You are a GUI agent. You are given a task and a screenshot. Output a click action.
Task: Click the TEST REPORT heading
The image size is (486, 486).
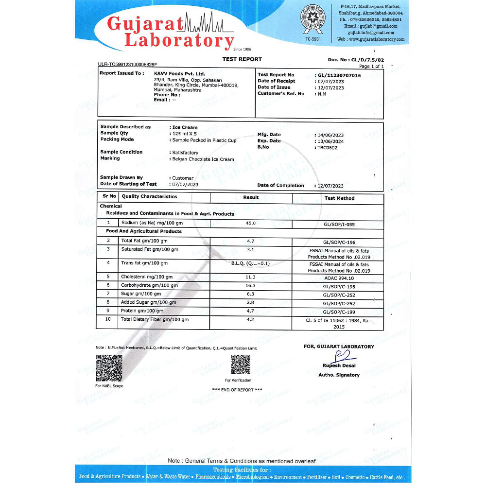point(242,59)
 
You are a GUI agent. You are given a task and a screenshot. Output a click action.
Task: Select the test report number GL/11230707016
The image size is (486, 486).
point(339,75)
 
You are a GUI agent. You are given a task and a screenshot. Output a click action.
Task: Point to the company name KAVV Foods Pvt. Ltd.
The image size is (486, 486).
point(179,73)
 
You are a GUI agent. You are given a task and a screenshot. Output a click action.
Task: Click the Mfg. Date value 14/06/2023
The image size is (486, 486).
point(329,135)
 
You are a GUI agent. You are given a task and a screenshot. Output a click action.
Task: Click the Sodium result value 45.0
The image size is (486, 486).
point(250,223)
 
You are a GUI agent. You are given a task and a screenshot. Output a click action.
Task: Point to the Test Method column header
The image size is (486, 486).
point(339,198)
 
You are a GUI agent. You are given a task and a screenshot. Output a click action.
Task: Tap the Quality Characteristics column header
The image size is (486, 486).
point(149,197)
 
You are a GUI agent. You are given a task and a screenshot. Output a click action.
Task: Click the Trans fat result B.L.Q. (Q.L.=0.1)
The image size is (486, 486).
point(250,263)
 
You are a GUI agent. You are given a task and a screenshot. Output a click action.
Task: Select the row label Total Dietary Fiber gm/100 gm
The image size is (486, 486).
point(155,319)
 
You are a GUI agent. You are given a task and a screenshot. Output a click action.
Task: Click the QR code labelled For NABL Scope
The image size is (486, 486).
point(109,368)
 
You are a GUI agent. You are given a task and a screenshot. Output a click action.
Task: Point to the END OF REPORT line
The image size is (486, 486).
point(237,390)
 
